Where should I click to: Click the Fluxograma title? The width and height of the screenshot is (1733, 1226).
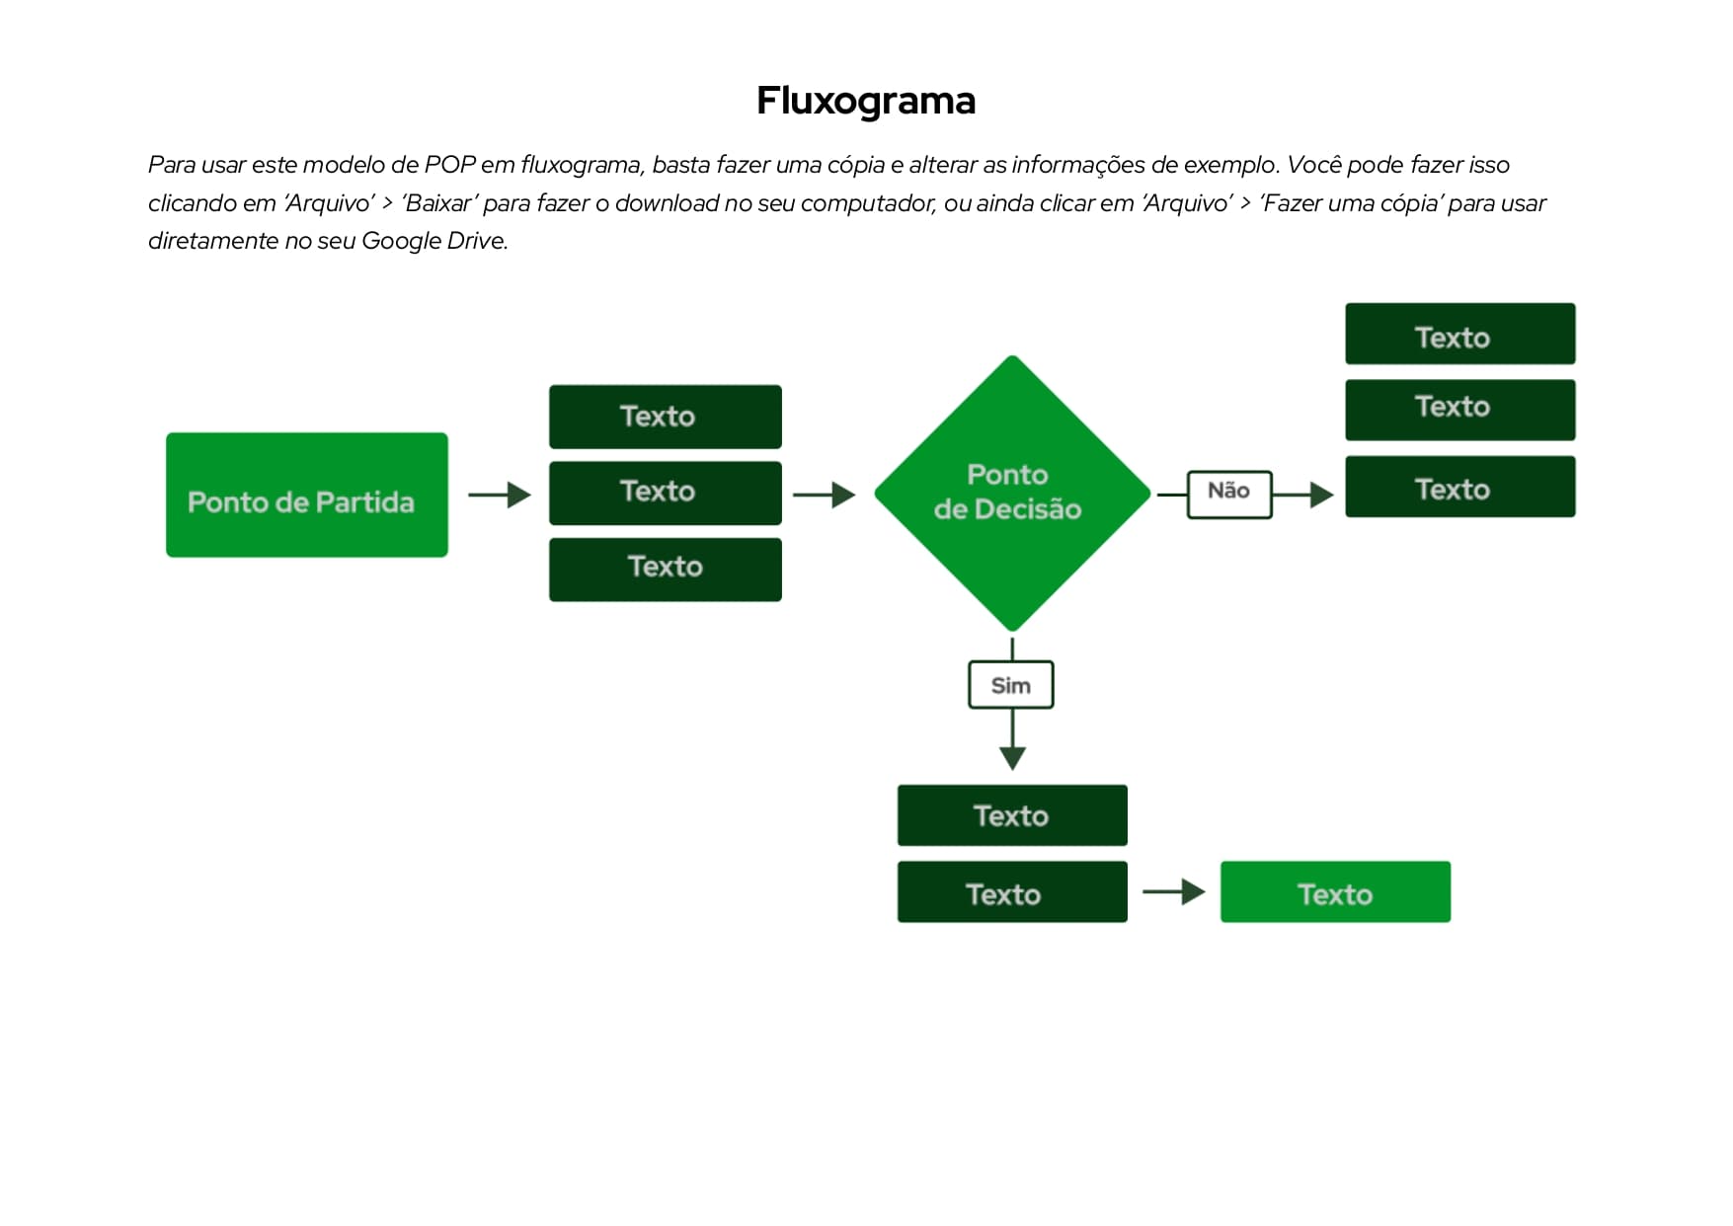866,101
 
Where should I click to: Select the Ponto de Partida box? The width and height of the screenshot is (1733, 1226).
306,495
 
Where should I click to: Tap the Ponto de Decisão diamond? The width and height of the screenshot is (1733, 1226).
1012,493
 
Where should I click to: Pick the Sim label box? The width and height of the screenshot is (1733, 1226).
1010,685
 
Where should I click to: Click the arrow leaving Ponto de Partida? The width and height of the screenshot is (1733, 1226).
500,495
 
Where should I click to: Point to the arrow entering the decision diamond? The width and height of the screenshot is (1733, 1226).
825,495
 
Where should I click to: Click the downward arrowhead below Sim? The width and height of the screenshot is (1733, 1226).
1012,757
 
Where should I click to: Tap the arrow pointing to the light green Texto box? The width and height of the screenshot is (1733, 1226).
1174,892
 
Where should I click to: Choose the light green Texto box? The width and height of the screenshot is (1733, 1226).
1335,892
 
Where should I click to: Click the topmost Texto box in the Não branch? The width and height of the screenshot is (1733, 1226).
1459,335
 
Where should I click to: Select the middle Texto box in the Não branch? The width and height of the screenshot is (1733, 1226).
1459,410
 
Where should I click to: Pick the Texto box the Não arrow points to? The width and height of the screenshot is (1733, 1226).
1459,487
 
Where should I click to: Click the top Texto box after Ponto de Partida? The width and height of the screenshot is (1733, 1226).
665,417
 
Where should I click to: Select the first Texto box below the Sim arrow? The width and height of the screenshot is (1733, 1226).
1012,815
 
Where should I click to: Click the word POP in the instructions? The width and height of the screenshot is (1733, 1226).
450,165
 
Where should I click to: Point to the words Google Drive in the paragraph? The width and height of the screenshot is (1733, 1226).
433,241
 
